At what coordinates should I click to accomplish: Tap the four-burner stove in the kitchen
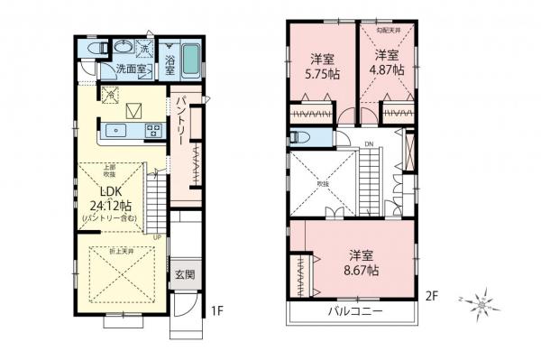coord(152,130)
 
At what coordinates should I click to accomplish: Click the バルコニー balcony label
coord(353,312)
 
